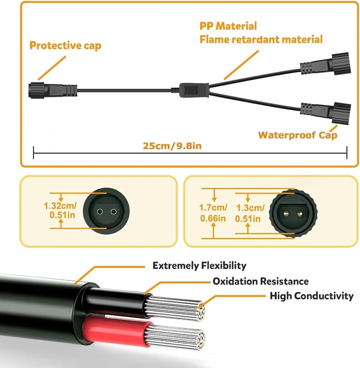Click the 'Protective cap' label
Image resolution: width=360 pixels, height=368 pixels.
pyautogui.click(x=65, y=45)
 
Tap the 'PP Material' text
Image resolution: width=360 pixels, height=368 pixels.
pyautogui.click(x=228, y=26)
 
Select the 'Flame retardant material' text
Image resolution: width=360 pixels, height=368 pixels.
pyautogui.click(x=261, y=39)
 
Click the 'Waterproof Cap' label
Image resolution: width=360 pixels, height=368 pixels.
pyautogui.click(x=297, y=135)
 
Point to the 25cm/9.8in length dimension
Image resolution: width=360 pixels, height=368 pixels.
pyautogui.click(x=172, y=146)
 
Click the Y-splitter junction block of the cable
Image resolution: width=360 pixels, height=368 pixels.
pyautogui.click(x=194, y=90)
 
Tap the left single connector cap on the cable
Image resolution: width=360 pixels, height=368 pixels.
pyautogui.click(x=36, y=90)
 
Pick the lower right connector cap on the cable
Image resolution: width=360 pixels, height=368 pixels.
pyautogui.click(x=342, y=114)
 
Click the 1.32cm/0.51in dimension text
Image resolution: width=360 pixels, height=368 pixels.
pyautogui.click(x=60, y=210)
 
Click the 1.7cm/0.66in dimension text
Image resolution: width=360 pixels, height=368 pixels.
pyautogui.click(x=213, y=213)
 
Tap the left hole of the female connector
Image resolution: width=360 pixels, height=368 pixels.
pyautogui.click(x=99, y=212)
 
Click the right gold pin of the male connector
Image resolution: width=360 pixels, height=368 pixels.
pyautogui.click(x=300, y=214)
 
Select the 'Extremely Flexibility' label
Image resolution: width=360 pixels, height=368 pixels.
pyautogui.click(x=199, y=265)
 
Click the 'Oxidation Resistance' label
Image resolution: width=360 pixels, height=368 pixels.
pyautogui.click(x=261, y=281)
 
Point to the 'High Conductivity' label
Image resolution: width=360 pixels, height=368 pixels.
pyautogui.click(x=311, y=296)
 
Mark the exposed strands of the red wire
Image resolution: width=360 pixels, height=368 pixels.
pyautogui.click(x=175, y=336)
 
